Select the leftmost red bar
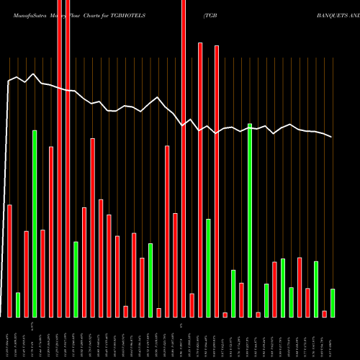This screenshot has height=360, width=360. click(x=10, y=261)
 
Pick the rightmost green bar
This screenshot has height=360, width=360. click(x=333, y=302)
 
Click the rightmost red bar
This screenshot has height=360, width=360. click(x=324, y=313)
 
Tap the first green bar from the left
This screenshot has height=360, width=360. click(x=18, y=305)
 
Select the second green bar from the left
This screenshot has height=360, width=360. click(x=35, y=223)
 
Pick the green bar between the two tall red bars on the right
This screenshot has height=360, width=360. click(x=208, y=268)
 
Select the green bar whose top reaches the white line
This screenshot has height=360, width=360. click(x=250, y=220)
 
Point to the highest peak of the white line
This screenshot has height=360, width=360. click(x=34, y=73)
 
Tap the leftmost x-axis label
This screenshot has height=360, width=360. click(x=8, y=338)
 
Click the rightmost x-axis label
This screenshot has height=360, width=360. click(x=332, y=338)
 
